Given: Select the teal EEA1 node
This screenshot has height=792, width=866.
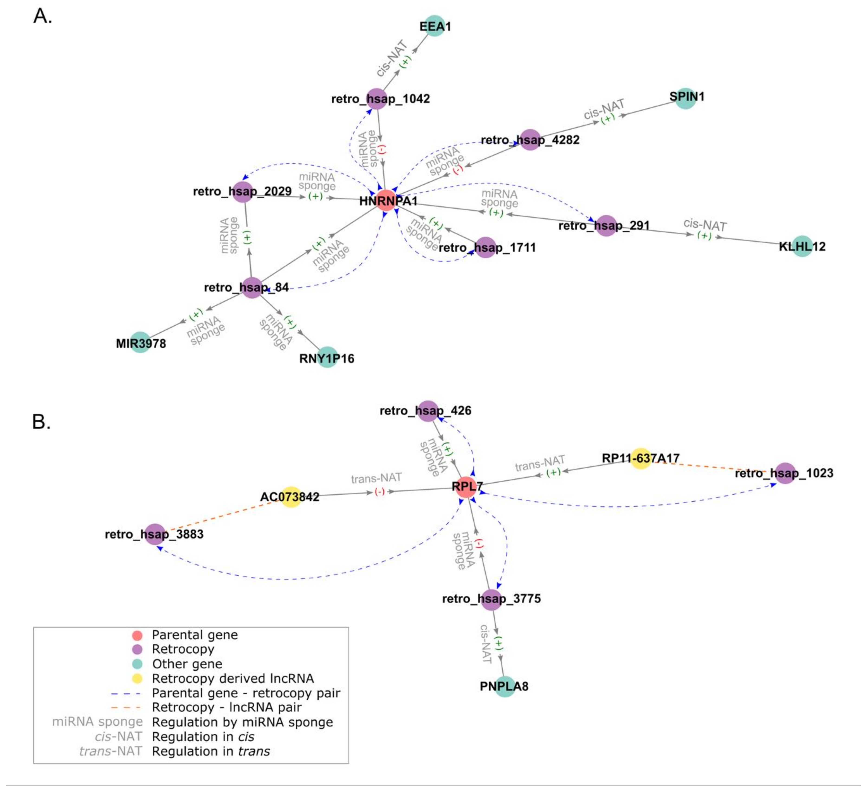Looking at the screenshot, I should (435, 26).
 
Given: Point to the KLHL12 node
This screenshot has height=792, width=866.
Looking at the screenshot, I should (802, 246).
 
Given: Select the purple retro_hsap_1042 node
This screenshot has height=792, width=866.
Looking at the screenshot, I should (377, 99).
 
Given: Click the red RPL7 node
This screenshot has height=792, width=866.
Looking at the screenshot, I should (466, 487).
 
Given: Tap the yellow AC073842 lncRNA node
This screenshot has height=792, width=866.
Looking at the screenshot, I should (290, 497).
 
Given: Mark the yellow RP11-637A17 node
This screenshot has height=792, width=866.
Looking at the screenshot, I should (640, 458).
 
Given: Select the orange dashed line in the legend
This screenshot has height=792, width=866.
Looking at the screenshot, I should (126, 707).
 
